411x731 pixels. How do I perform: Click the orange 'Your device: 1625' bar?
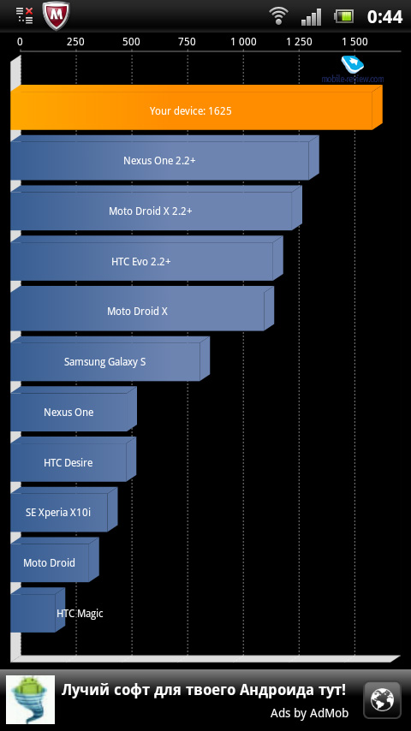[x=196, y=108]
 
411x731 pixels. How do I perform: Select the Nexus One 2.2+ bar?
[x=164, y=158]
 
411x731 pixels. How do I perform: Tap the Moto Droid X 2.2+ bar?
[x=156, y=208]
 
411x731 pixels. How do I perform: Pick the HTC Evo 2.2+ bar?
[x=146, y=259]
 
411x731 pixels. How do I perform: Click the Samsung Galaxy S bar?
[x=110, y=359]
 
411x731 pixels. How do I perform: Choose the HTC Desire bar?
[x=73, y=459]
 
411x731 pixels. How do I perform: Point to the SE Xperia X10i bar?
[x=63, y=509]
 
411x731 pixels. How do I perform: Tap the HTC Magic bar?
[x=38, y=610]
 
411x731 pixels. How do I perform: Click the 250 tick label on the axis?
[x=75, y=42]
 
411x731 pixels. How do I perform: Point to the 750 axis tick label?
[x=187, y=42]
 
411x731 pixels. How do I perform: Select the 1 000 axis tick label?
[x=243, y=42]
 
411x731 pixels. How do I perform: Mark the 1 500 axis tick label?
[x=355, y=42]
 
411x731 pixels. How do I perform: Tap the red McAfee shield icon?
[x=56, y=15]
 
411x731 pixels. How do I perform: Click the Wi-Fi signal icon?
[x=278, y=16]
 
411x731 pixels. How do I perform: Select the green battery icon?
[x=344, y=16]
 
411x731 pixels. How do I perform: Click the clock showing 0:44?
[x=384, y=17]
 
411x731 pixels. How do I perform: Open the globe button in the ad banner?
[x=382, y=700]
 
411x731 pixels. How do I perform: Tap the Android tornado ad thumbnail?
[x=30, y=700]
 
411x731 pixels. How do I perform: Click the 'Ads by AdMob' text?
[x=309, y=713]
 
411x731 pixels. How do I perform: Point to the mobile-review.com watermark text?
[x=353, y=80]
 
